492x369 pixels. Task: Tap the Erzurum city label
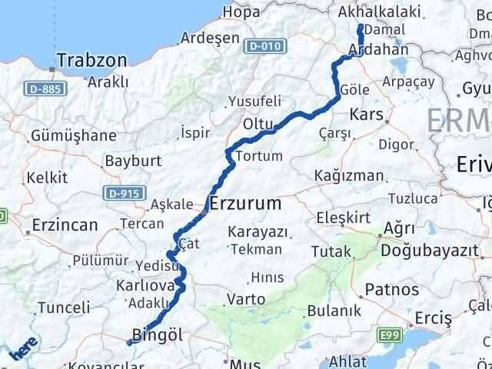(x=246, y=204)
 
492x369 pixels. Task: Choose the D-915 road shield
(x=124, y=193)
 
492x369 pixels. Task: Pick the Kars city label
(x=367, y=115)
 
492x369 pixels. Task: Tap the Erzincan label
(x=65, y=225)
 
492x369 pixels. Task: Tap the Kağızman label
(x=348, y=175)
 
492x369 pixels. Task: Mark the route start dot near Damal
(x=361, y=28)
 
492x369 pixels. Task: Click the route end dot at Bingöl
(x=130, y=343)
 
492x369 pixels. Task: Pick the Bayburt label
(x=132, y=161)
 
